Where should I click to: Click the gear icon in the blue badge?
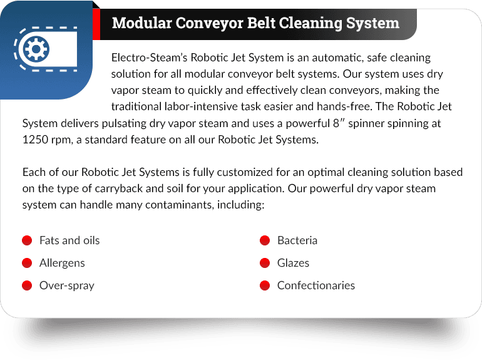36,49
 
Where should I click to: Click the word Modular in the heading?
141,23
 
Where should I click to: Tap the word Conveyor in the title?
209,24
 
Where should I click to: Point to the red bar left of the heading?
96,24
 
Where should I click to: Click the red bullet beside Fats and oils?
27,240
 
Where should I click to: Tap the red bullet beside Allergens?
27,263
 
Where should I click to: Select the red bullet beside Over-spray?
27,285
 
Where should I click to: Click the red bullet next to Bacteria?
265,240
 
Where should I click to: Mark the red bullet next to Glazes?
265,263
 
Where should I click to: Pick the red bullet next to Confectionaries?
265,285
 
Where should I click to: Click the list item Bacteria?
297,240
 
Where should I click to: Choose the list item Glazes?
293,263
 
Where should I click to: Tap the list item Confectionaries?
316,285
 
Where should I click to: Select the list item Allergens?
62,264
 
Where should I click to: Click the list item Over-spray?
67,286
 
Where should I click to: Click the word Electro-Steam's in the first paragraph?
149,58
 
